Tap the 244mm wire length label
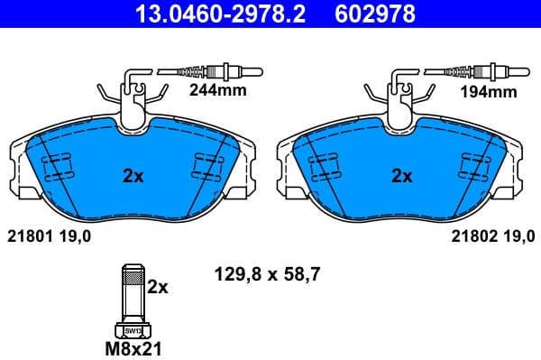click(215, 91)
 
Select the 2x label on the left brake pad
click(133, 177)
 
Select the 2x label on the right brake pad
click(402, 177)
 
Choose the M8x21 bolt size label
click(133, 346)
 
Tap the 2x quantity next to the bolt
click(159, 287)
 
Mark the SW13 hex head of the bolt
click(133, 329)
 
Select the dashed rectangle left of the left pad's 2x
click(59, 166)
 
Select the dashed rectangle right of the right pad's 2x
click(473, 166)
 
